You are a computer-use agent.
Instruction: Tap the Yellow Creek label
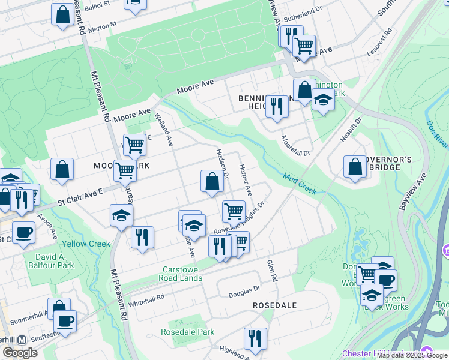coord(85,244)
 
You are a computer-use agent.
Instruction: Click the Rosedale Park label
coord(187,332)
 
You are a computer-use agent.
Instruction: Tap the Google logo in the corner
coord(20,352)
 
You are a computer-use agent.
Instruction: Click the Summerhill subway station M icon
coord(22,340)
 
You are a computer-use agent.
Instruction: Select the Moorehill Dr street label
coord(295,146)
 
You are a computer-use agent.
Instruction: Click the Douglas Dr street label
coord(244,292)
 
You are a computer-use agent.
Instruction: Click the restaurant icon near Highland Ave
coord(255,339)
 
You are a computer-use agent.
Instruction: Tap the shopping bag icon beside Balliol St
coord(62,14)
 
